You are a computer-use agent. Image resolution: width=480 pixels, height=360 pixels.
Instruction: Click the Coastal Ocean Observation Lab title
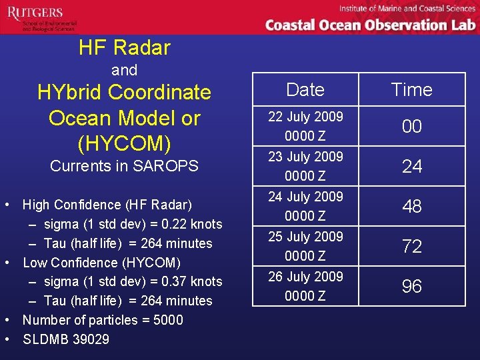(x=370, y=25)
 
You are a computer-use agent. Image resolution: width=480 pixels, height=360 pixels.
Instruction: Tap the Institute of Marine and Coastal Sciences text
(x=407, y=8)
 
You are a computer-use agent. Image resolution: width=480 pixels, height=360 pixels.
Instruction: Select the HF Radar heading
(x=125, y=47)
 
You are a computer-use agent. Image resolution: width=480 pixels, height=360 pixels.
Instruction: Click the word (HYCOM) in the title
(x=125, y=143)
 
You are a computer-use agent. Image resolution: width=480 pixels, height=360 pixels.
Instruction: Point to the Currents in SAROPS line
(x=125, y=166)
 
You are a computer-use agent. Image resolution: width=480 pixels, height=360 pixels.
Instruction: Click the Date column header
(x=305, y=89)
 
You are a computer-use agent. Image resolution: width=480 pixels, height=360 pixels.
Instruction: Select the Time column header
(x=411, y=89)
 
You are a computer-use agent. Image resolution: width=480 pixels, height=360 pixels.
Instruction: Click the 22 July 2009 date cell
(x=305, y=125)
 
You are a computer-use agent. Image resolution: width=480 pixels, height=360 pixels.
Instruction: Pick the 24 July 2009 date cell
(x=305, y=205)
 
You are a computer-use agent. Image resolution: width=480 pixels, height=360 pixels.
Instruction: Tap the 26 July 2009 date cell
(x=305, y=285)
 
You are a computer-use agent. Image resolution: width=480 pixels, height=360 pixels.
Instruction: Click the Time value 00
(x=412, y=126)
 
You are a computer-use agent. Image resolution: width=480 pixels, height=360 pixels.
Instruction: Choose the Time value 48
(x=412, y=206)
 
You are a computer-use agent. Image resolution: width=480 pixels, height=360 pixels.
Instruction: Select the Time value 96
(x=412, y=286)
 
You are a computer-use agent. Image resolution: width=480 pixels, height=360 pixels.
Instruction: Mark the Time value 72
(x=412, y=246)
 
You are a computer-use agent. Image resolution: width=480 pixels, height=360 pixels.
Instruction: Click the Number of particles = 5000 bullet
(x=103, y=320)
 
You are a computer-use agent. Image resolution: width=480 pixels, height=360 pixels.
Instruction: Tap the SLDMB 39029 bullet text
(x=66, y=339)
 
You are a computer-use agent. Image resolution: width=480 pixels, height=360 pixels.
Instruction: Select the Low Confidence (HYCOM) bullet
(x=102, y=263)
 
